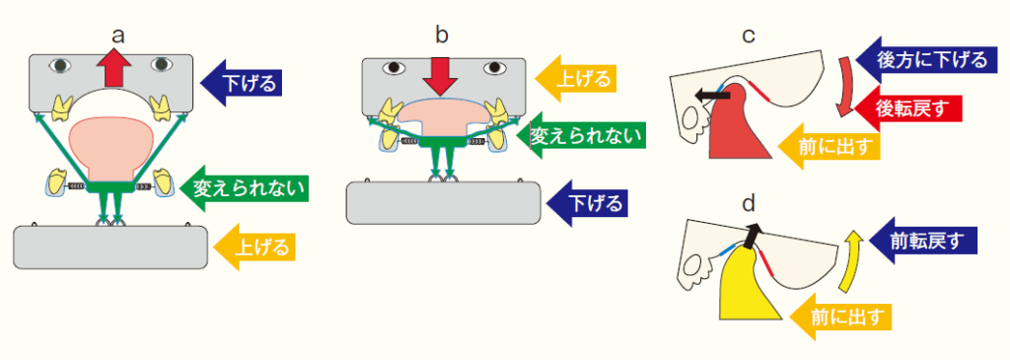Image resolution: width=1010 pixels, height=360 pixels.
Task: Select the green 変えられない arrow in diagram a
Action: (243, 184)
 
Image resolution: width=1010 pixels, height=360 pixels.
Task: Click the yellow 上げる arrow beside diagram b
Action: (577, 77)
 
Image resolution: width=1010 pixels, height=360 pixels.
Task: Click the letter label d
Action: (749, 205)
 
